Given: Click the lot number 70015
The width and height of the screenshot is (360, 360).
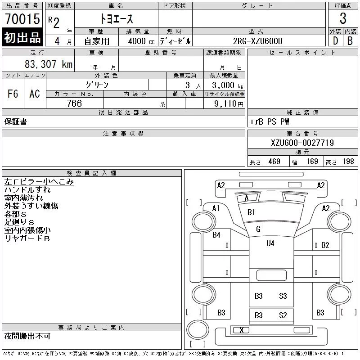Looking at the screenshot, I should click(x=22, y=19).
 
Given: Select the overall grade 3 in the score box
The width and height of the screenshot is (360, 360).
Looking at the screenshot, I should click(x=343, y=18).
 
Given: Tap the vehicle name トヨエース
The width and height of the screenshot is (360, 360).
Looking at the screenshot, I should click(x=116, y=19).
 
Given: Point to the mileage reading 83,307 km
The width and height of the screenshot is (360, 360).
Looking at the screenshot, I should click(x=48, y=64).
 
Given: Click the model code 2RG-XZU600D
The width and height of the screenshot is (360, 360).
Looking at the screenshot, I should click(x=258, y=41).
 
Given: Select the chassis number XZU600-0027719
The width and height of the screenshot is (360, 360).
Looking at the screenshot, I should click(x=302, y=143).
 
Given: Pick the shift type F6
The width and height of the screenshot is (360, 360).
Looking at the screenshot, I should click(x=13, y=94).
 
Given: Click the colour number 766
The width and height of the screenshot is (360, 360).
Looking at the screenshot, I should click(x=74, y=103).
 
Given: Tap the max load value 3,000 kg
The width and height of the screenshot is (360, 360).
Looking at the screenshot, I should click(x=225, y=85).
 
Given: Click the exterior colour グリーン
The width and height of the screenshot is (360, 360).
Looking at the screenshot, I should click(x=97, y=85).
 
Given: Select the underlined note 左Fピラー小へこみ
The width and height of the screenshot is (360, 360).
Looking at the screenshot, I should click(x=39, y=182).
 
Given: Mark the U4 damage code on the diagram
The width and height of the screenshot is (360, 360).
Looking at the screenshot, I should click(x=270, y=243).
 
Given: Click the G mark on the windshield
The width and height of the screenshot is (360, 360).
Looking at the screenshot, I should click(x=258, y=229).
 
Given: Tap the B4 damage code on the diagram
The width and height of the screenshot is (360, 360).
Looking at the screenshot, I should click(x=216, y=234).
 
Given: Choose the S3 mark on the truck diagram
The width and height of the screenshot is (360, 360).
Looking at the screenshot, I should click(x=283, y=296).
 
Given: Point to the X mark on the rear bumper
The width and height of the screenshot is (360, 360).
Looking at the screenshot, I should click(x=242, y=330).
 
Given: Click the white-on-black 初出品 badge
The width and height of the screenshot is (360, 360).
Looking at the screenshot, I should click(x=22, y=38).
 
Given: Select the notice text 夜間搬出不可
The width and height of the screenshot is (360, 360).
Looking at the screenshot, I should click(x=27, y=336).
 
